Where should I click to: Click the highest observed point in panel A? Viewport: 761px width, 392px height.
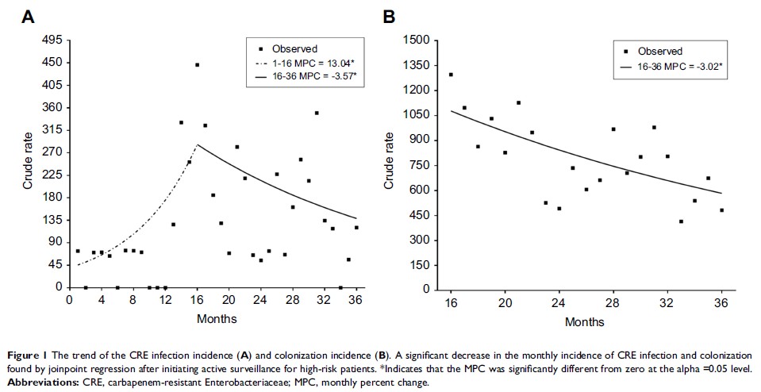[197, 65]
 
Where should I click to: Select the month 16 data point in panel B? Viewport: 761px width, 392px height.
[451, 75]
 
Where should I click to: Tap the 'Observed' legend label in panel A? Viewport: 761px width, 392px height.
[294, 49]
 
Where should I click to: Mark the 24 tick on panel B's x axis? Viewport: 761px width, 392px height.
[559, 302]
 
